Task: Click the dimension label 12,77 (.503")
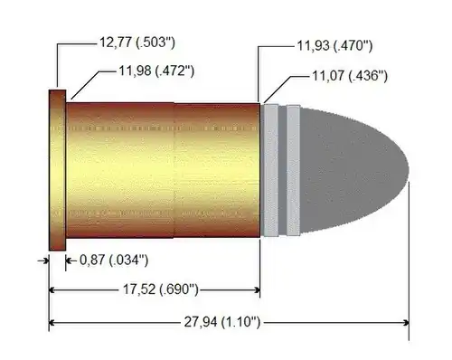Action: point(137,43)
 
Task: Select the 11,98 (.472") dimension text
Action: point(156,71)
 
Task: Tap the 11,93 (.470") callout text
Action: point(334,46)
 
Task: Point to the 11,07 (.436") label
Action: point(349,76)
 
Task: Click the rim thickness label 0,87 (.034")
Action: point(114,261)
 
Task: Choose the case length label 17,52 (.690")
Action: point(161,289)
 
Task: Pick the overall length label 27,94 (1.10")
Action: point(222,322)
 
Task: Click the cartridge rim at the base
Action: point(57,170)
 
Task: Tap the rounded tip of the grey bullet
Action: point(408,170)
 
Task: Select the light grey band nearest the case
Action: point(270,170)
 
